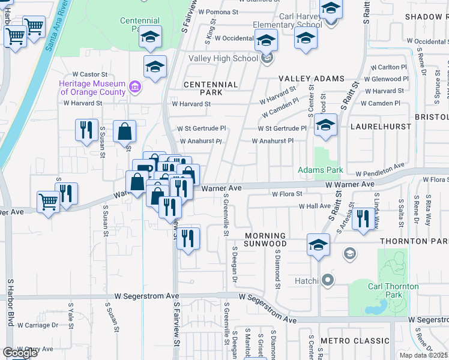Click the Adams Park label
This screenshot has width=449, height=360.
[321, 170]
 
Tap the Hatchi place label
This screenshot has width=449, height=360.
[306, 280]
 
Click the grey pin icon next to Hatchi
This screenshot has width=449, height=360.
[327, 280]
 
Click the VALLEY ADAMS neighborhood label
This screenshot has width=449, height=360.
[311, 79]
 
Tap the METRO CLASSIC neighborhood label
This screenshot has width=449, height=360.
[355, 341]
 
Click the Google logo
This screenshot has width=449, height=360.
[20, 353]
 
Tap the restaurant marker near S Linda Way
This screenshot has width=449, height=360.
[362, 218]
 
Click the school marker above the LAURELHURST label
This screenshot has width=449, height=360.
[326, 126]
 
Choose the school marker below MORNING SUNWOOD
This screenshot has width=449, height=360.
[318, 245]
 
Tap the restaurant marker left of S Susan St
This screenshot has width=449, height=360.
[86, 130]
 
